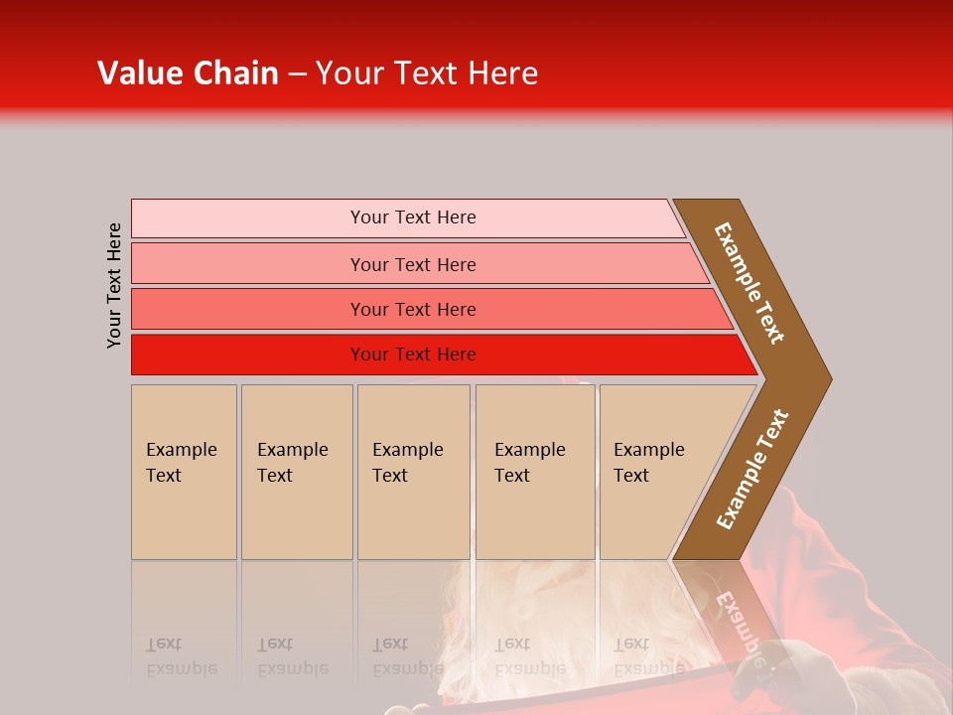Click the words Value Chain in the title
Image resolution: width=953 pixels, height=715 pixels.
(x=188, y=73)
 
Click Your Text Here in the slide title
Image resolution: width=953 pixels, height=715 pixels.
(x=427, y=73)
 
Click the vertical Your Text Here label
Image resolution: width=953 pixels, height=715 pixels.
(x=114, y=286)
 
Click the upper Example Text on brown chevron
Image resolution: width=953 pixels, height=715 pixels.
(x=749, y=283)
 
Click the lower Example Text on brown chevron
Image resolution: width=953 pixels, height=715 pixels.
(x=752, y=469)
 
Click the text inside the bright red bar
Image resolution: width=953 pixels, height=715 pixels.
(x=413, y=355)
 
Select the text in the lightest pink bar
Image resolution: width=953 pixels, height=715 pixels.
(x=413, y=217)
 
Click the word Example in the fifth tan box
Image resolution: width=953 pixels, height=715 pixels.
(x=648, y=450)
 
